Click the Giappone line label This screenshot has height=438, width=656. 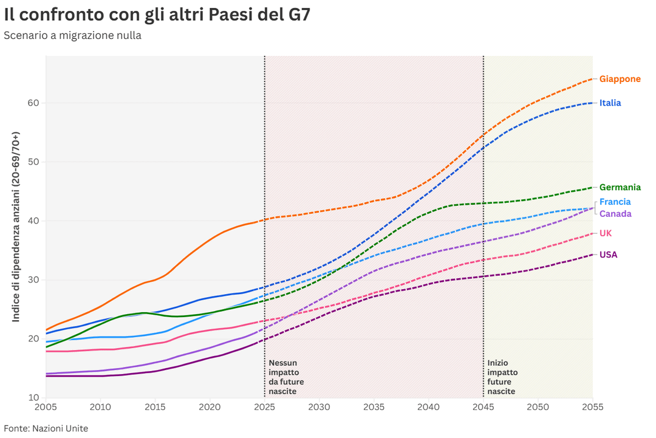(x=620, y=79)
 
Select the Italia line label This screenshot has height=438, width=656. (x=610, y=103)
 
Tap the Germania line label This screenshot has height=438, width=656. (x=620, y=188)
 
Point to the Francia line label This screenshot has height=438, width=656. (x=615, y=202)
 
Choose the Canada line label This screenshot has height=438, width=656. (x=615, y=214)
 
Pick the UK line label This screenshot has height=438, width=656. (x=606, y=234)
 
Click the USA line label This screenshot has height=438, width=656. (x=608, y=255)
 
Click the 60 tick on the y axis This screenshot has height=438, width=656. (x=33, y=103)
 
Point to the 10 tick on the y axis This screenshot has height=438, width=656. (x=33, y=398)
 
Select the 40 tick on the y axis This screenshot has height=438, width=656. (x=33, y=221)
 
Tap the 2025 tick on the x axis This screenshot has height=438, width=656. (x=264, y=406)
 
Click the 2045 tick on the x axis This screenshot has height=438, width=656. (x=483, y=406)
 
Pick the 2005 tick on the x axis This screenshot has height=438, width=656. (x=46, y=406)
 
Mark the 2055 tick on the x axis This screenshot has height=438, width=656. (x=592, y=406)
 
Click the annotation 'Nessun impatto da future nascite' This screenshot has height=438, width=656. (x=286, y=377)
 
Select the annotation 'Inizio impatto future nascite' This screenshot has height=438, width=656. (x=502, y=377)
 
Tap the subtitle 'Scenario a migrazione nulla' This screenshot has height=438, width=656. (x=72, y=35)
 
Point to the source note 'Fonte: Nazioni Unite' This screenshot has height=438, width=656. (x=46, y=428)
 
